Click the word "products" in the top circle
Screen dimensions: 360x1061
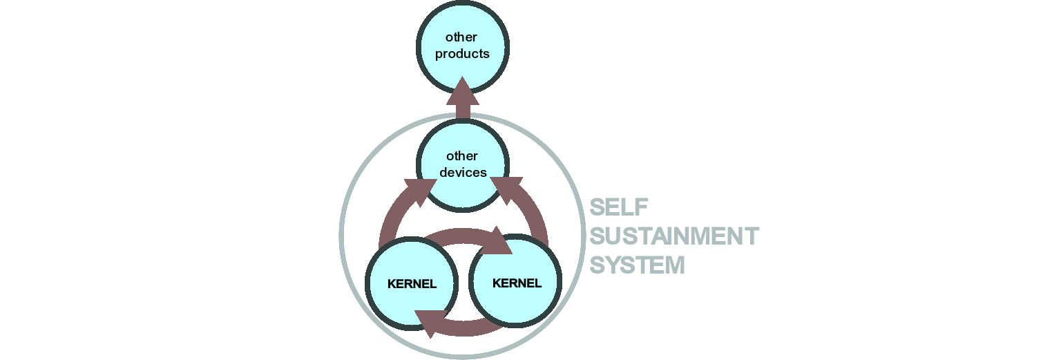[462, 54]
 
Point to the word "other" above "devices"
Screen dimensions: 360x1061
[462, 156]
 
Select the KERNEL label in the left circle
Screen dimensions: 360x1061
[412, 285]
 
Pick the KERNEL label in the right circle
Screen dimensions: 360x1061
[517, 283]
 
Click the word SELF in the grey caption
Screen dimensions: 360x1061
[620, 207]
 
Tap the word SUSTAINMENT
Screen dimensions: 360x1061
[674, 236]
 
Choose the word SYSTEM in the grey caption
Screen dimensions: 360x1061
[638, 265]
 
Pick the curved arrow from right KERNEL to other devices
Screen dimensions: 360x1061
[532, 214]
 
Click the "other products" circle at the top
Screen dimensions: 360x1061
[463, 24]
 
